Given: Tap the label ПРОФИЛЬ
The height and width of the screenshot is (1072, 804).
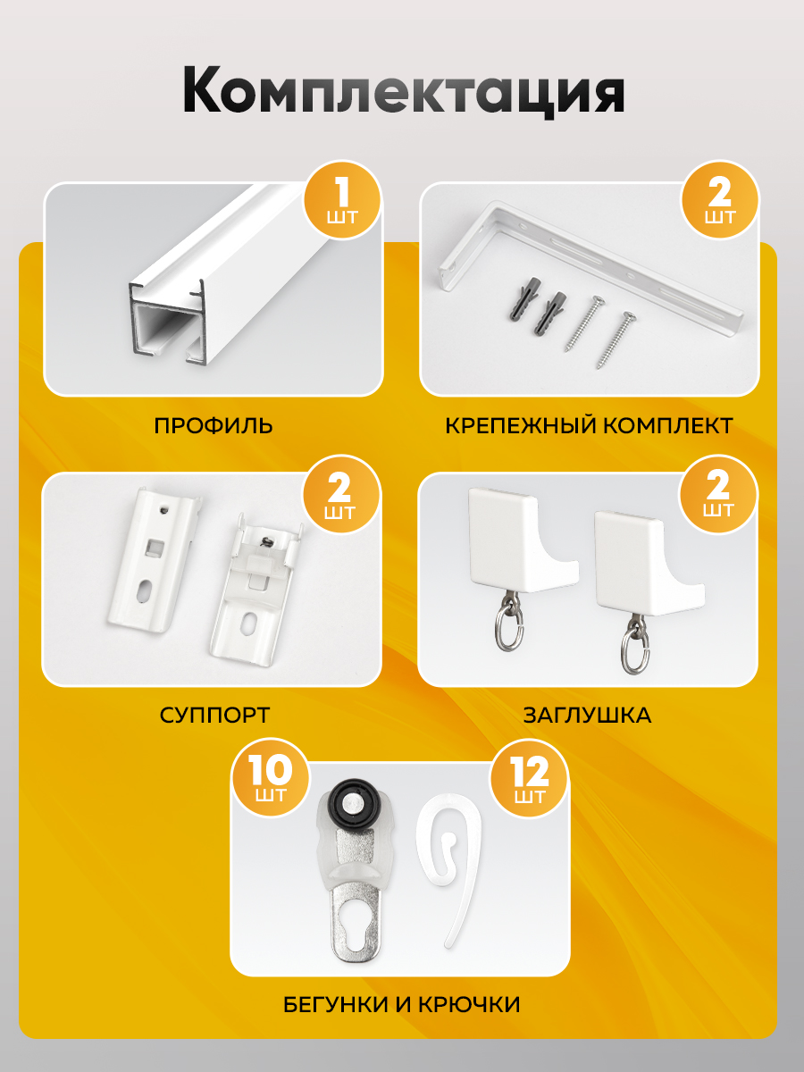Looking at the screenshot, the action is pyautogui.click(x=214, y=425).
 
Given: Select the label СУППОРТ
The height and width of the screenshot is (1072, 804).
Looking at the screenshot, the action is pyautogui.click(x=214, y=716).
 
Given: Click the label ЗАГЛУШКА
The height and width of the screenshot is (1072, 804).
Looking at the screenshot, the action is pyautogui.click(x=587, y=716).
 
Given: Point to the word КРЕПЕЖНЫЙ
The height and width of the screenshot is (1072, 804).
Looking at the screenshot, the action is pyautogui.click(x=521, y=425).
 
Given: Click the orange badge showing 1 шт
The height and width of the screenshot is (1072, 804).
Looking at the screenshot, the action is pyautogui.click(x=342, y=200).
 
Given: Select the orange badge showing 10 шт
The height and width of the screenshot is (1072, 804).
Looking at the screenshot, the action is pyautogui.click(x=271, y=778).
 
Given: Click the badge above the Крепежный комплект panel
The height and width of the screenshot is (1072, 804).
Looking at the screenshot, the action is pyautogui.click(x=720, y=200).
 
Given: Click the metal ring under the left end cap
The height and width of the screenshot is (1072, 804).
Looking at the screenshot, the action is pyautogui.click(x=508, y=626).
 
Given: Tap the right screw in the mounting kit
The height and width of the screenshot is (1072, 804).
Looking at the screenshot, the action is pyautogui.click(x=616, y=339).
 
